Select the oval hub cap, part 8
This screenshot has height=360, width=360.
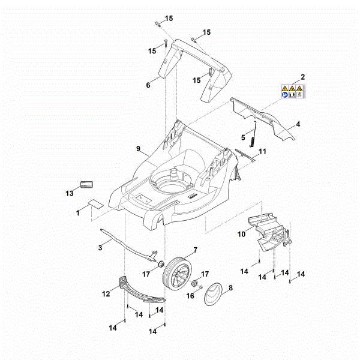[215, 295]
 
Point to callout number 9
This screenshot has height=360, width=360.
[139, 148]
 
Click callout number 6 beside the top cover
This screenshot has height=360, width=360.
[148, 85]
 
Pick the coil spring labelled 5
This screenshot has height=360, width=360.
[256, 134]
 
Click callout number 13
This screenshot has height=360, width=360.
[70, 193]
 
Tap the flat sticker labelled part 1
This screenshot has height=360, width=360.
[94, 202]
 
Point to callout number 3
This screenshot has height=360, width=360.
[101, 247]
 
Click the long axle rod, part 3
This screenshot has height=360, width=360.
[129, 244]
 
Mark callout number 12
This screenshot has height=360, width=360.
[106, 294]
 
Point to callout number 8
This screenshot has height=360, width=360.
[230, 287]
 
